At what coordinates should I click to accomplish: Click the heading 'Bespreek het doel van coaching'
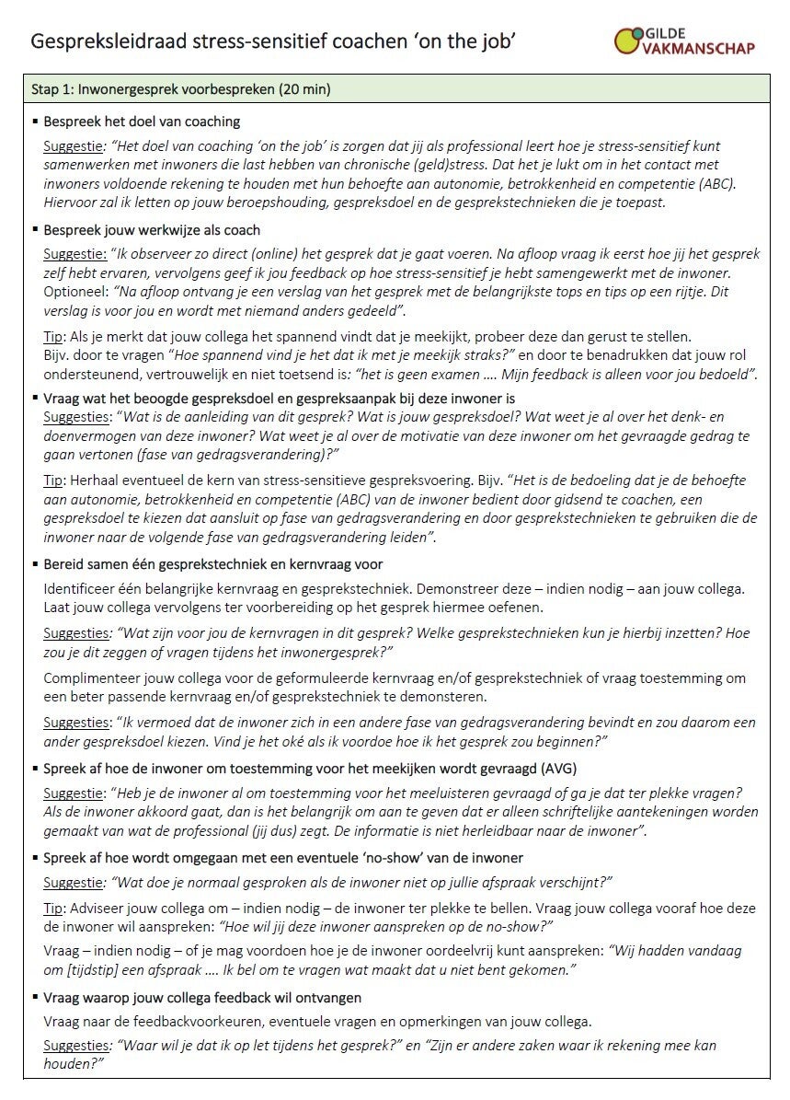pyautogui.click(x=142, y=122)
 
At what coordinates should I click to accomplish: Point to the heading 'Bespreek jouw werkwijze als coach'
pyautogui.click(x=152, y=230)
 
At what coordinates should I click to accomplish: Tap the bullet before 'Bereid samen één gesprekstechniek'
pyautogui.click(x=35, y=563)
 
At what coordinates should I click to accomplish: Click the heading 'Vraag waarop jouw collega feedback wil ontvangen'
pyautogui.click(x=202, y=998)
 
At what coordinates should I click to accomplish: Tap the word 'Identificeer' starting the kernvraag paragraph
pyautogui.click(x=79, y=588)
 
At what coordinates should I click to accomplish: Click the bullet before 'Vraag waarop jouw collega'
pyautogui.click(x=35, y=998)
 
